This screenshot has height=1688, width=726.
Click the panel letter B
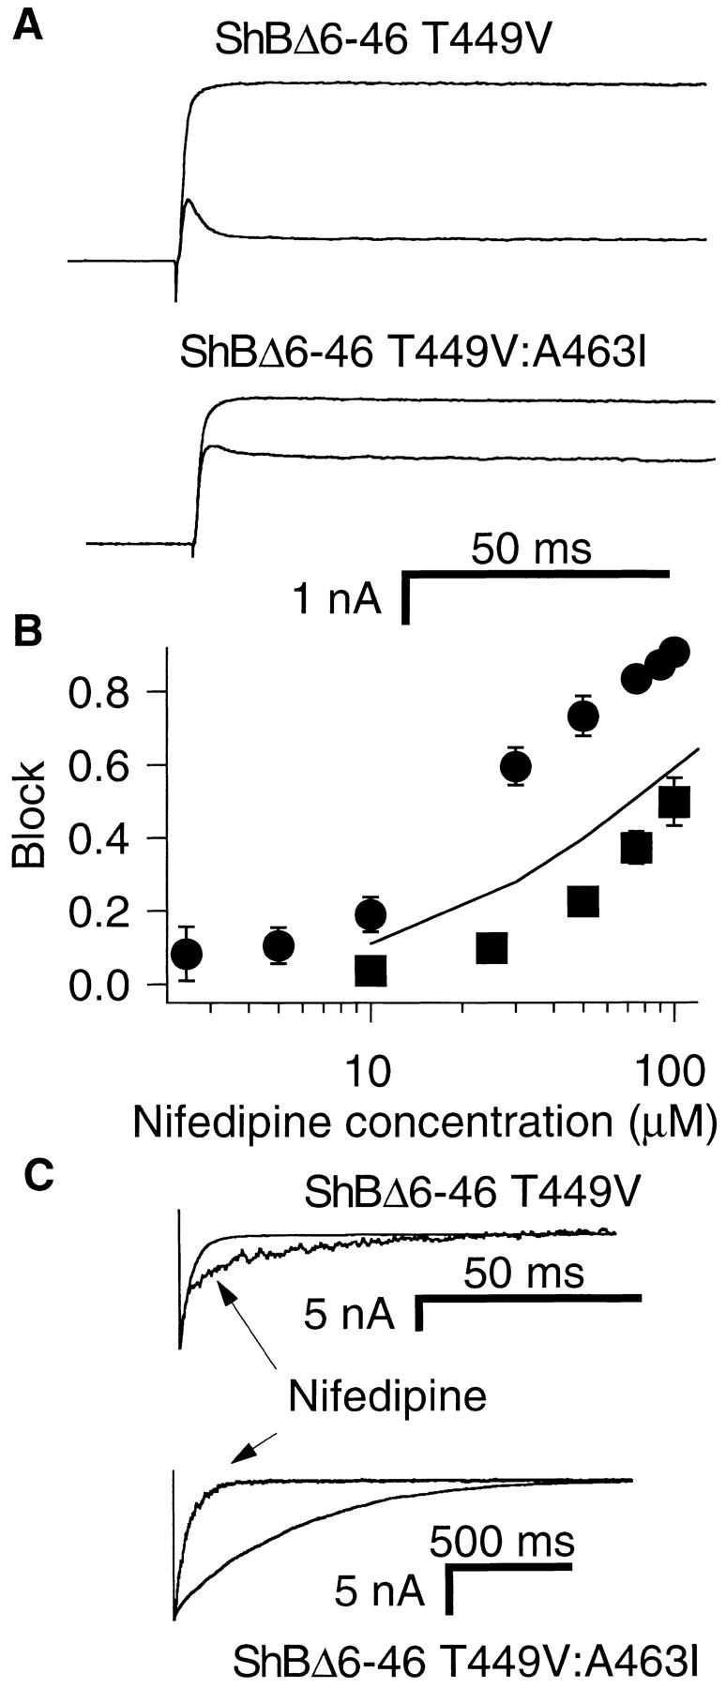pos(28,630)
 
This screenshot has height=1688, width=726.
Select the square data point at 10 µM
pos(371,971)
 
